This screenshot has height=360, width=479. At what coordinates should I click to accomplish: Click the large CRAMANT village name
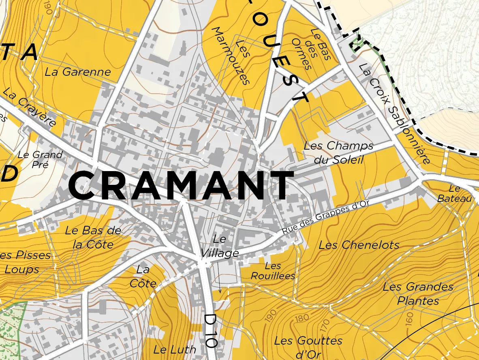pyautogui.click(x=181, y=186)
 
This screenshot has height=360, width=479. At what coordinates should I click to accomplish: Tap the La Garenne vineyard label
pyautogui.click(x=78, y=72)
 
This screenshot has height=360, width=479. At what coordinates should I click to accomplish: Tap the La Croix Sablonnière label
pyautogui.click(x=394, y=114)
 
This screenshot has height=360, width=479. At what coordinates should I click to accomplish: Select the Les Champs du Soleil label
pyautogui.click(x=338, y=152)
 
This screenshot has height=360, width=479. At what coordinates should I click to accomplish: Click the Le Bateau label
pyautogui.click(x=455, y=194)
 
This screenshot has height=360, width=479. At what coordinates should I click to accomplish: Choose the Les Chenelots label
pyautogui.click(x=359, y=245)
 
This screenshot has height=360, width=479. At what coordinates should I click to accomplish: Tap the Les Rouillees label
pyautogui.click(x=273, y=271)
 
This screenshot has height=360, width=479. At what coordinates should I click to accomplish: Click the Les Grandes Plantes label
pyautogui.click(x=418, y=294)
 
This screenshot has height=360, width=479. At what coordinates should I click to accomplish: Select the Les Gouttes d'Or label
pyautogui.click(x=308, y=346)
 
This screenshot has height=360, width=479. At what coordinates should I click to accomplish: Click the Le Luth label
pyautogui.click(x=175, y=349)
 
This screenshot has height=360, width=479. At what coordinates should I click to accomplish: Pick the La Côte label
pyautogui.click(x=143, y=276)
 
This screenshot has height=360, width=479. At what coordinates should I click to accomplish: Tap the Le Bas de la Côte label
pyautogui.click(x=93, y=237)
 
